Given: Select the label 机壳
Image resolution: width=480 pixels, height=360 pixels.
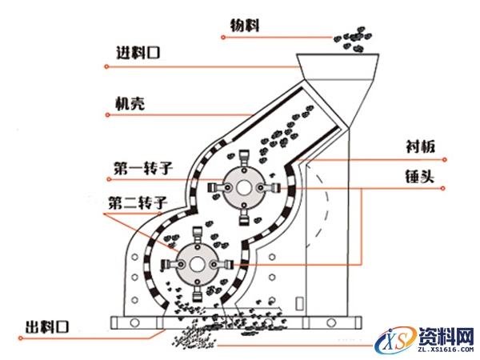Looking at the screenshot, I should pos(129,104).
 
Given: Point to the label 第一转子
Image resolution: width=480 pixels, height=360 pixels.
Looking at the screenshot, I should pos(141,168).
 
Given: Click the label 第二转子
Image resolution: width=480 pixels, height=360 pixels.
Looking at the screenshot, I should pos(136,202).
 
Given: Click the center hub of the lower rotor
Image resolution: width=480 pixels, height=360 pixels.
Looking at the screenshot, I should pos(195,263).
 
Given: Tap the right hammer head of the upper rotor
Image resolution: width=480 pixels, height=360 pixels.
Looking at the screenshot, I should pos(270,186).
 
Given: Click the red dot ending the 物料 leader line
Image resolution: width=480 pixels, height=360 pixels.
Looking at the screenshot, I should pos(328,38).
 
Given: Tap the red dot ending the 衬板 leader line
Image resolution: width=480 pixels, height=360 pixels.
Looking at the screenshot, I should pos(453,158).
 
